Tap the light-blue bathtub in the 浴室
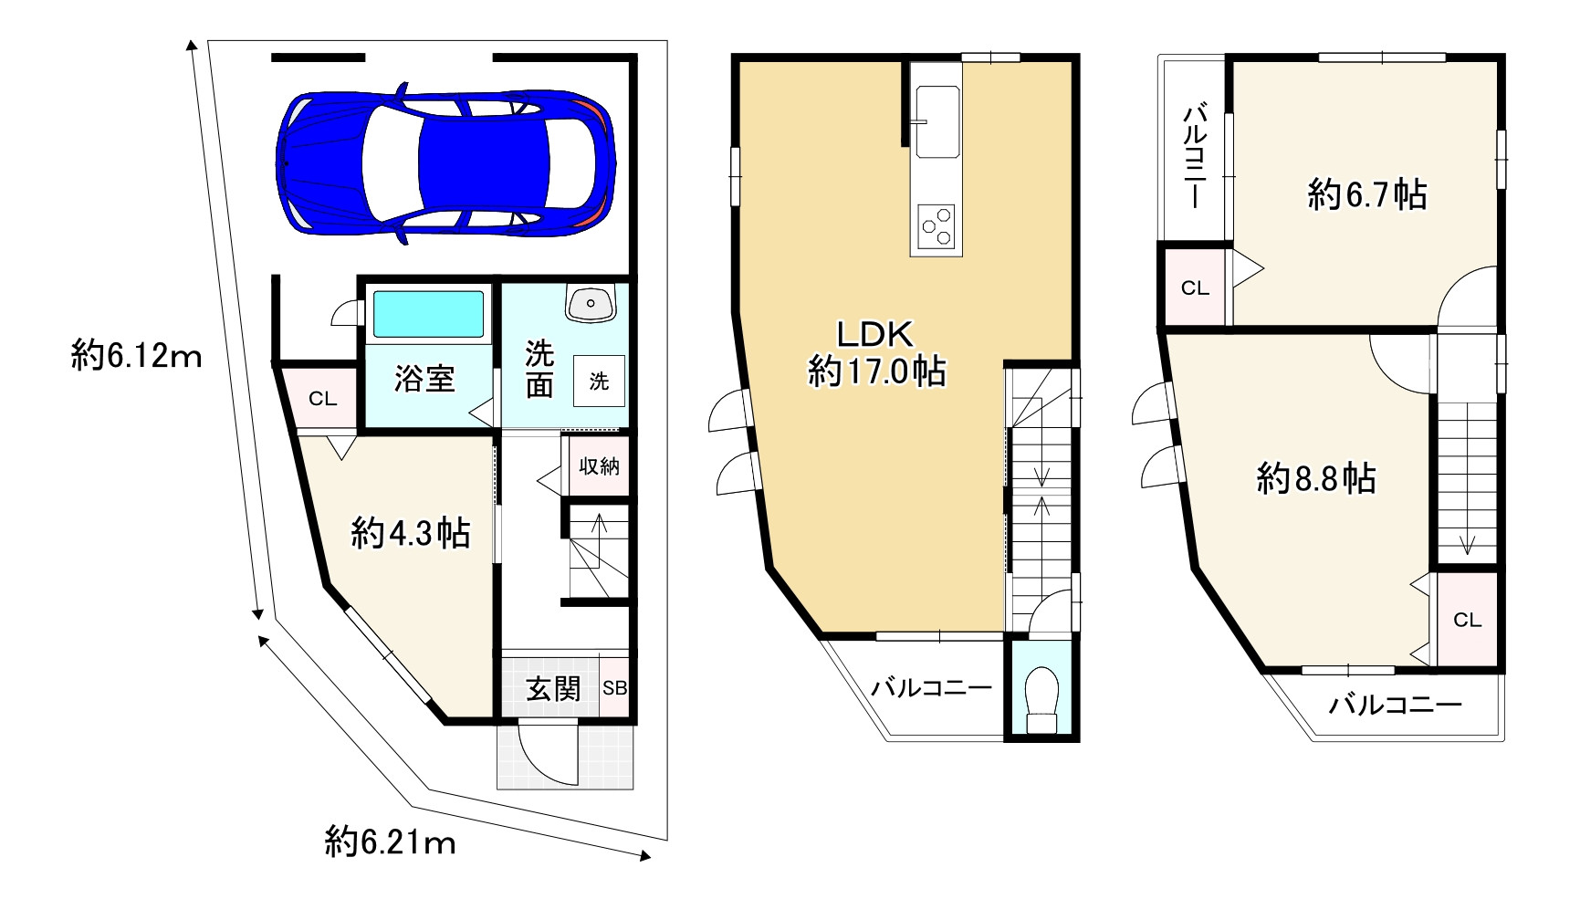tap(428, 315)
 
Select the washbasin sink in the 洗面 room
tap(591, 302)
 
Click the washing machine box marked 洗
tap(599, 381)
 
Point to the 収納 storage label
tap(600, 466)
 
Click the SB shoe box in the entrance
tap(615, 688)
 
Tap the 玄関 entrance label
tap(553, 688)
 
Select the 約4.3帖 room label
tap(411, 532)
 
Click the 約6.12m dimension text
tap(136, 355)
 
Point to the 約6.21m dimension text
tap(390, 842)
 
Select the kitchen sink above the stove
tap(937, 121)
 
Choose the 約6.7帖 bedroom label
tap(1366, 194)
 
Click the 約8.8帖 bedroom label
tap(1316, 478)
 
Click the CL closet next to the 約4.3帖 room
tap(322, 398)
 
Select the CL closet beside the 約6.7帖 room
tap(1195, 288)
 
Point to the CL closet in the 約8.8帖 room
tap(1467, 620)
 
